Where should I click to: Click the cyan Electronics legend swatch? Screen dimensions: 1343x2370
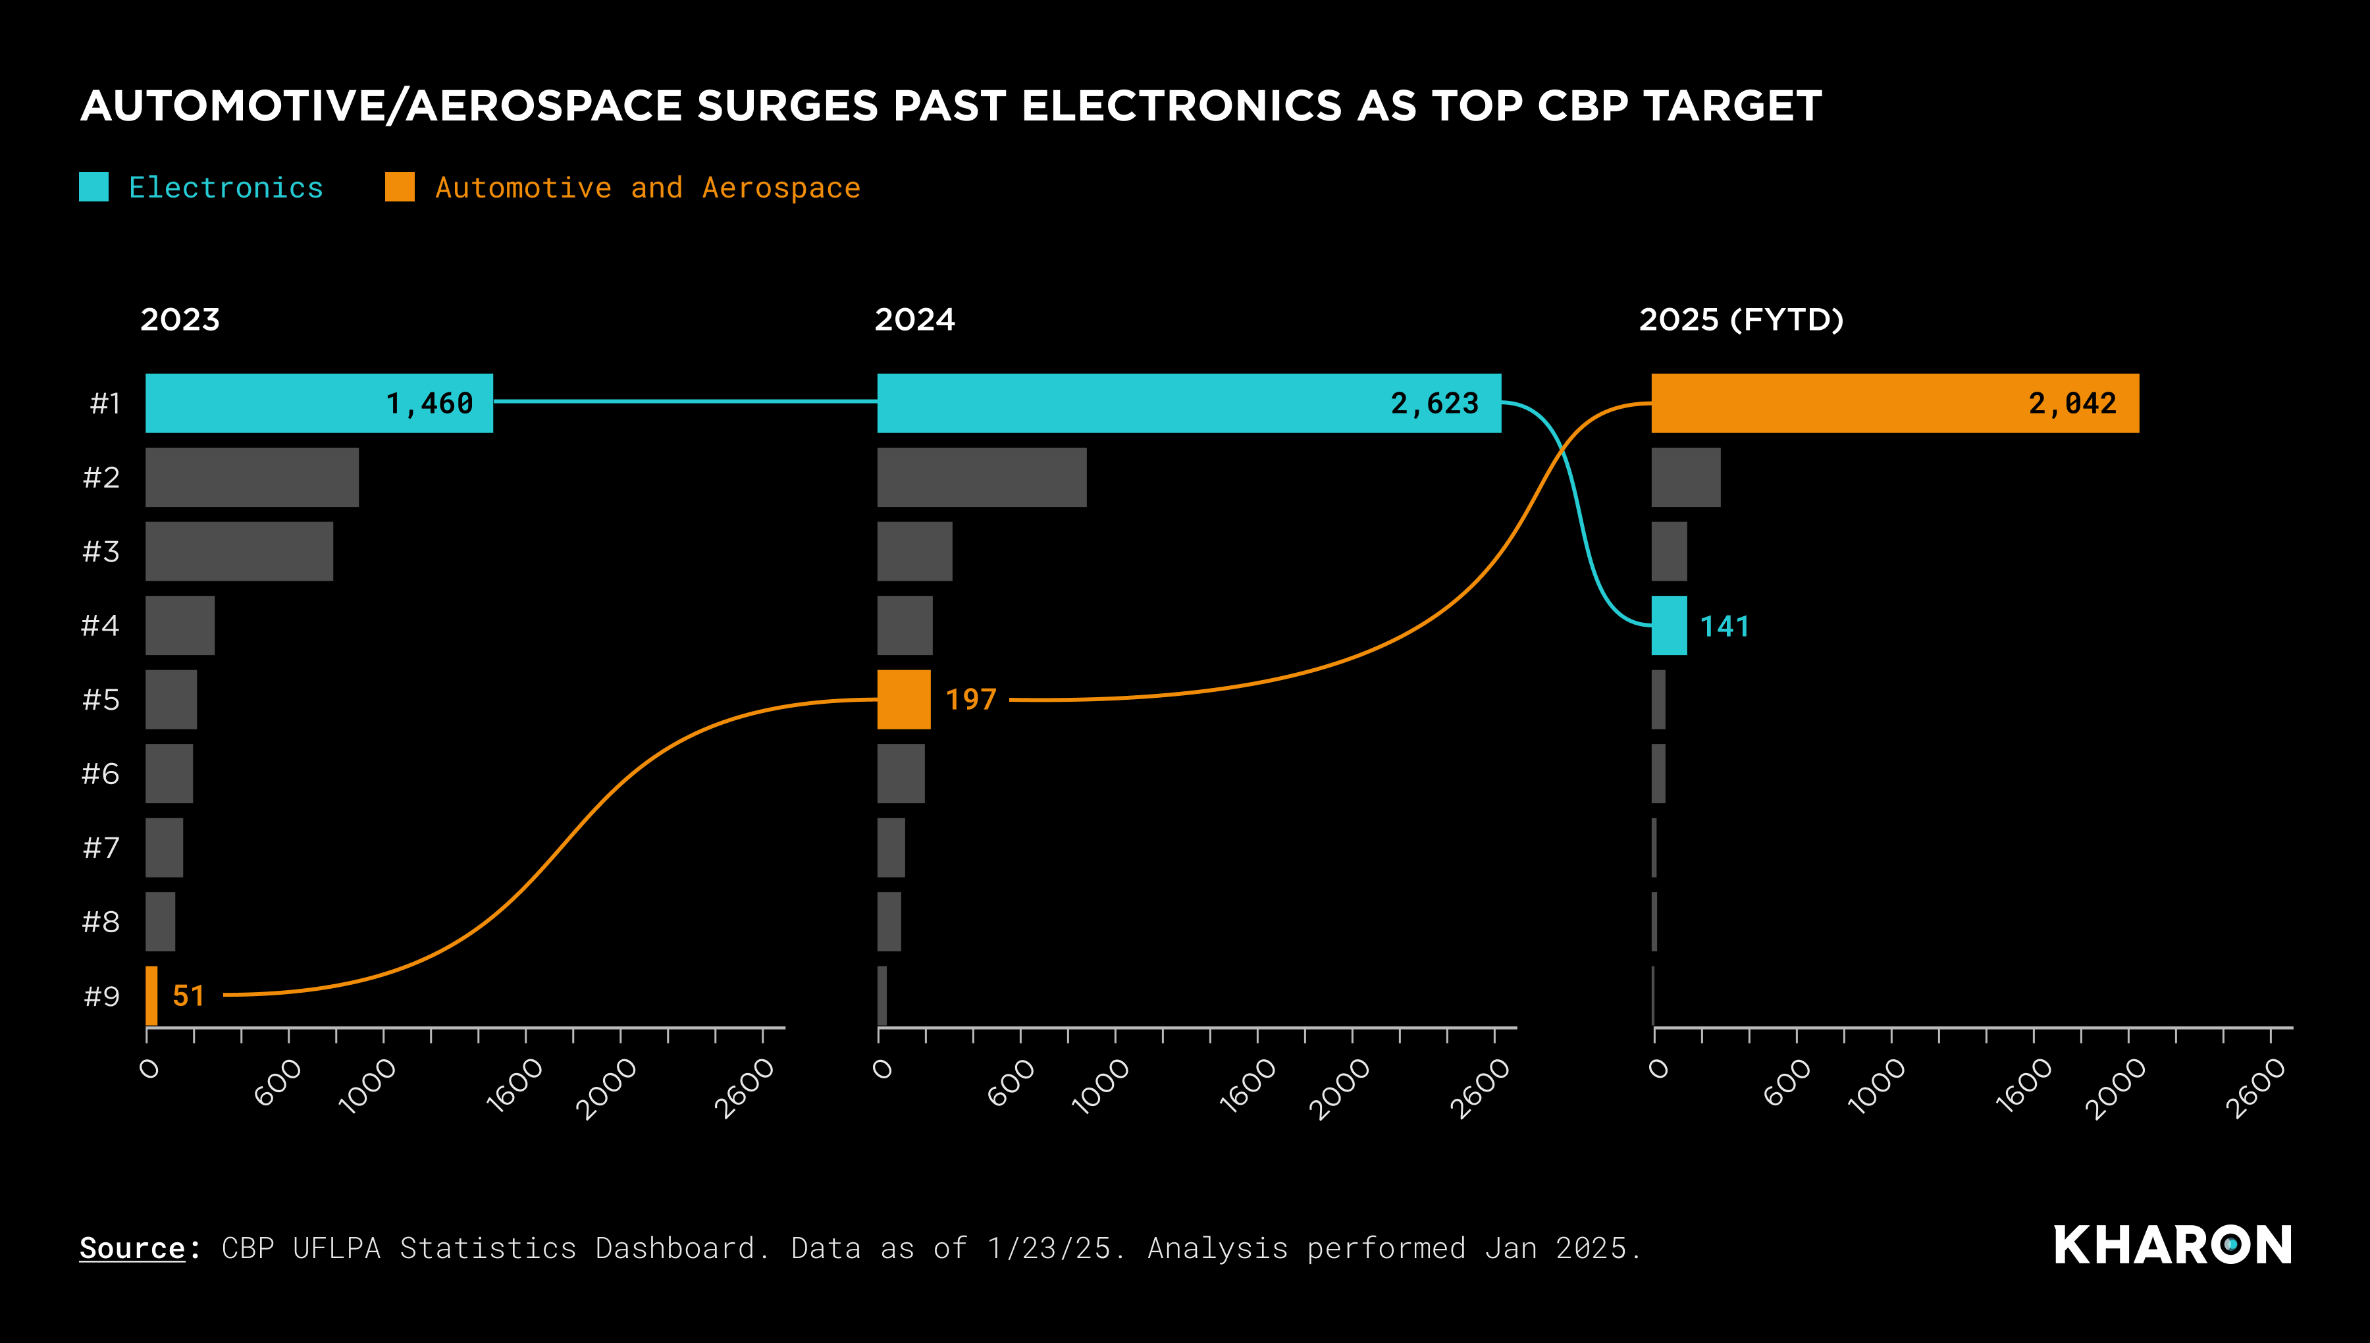[94, 187]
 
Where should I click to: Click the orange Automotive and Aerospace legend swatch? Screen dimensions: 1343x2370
[400, 187]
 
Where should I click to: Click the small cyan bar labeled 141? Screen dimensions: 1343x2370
[1668, 625]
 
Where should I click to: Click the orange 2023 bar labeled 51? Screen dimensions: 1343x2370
[151, 995]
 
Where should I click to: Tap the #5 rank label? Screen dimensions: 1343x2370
[101, 700]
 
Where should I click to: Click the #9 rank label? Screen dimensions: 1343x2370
[101, 996]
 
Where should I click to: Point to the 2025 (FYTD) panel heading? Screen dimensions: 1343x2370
[1740, 320]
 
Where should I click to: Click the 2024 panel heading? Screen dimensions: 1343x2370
[914, 320]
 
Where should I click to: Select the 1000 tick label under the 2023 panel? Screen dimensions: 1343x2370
[367, 1086]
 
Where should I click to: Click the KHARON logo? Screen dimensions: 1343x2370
[2172, 1245]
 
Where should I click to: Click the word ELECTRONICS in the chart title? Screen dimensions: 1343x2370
[1180, 106]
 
